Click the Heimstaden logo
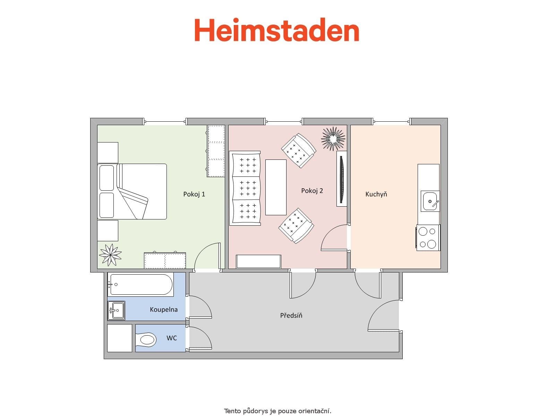(x=276, y=30)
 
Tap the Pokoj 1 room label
(x=194, y=194)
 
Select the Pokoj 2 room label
(x=312, y=191)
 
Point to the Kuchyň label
(x=376, y=194)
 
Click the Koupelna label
(x=163, y=309)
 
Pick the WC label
(x=171, y=338)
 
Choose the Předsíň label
(x=291, y=315)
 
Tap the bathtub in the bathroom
(x=140, y=284)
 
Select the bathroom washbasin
(x=116, y=310)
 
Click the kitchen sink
(x=430, y=201)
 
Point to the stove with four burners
(x=428, y=238)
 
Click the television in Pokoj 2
(x=342, y=179)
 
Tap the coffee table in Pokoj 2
(x=276, y=187)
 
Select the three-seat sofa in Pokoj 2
(x=245, y=188)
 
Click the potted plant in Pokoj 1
(x=110, y=255)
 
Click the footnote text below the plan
(x=277, y=411)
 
